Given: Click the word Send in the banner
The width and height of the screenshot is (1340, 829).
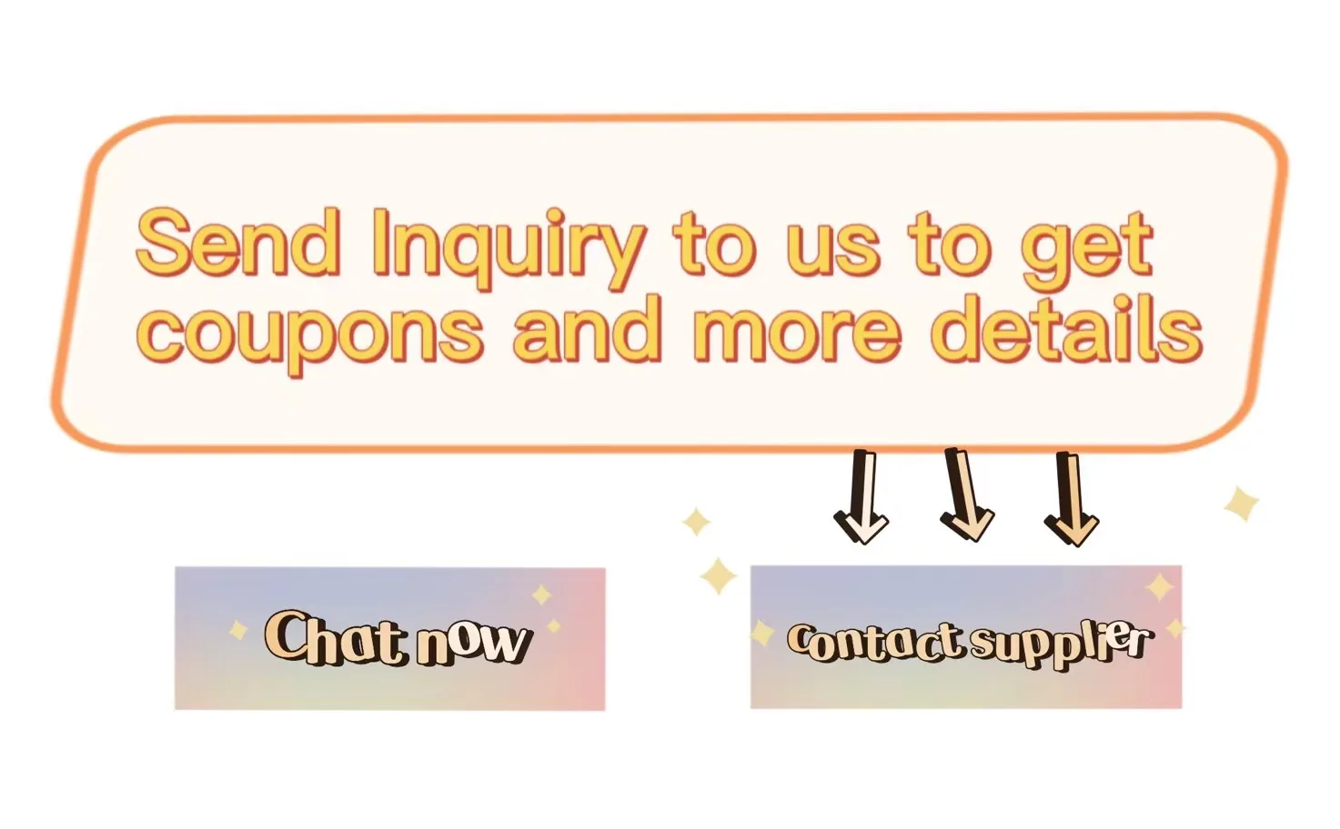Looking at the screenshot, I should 238,243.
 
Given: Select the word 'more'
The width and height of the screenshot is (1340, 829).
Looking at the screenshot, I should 797,333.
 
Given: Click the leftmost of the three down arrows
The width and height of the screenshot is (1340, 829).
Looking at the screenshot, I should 861,497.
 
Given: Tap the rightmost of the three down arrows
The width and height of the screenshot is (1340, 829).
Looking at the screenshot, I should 1072,500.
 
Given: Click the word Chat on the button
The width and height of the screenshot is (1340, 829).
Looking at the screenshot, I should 335,636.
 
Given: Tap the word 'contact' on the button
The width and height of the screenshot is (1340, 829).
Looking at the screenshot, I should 876,642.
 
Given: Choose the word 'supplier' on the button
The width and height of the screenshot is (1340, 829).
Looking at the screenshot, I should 1061,643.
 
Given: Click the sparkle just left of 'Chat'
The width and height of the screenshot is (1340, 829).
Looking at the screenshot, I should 238,629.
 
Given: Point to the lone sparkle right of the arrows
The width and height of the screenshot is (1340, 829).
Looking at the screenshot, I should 1241,503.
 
